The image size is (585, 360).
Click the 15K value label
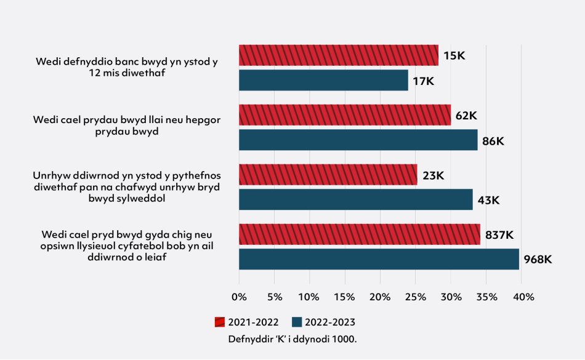454,55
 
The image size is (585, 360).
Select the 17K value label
424,81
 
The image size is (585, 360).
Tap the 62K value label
466,115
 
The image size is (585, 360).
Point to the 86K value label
493,141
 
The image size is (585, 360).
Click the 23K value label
433,175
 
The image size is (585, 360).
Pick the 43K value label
488,200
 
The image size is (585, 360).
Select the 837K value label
499,234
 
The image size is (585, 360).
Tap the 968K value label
538,260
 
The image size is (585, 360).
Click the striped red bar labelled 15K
338,55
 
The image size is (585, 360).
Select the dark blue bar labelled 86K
358,140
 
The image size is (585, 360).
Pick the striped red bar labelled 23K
328,175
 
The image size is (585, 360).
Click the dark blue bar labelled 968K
379,259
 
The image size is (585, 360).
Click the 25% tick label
415,297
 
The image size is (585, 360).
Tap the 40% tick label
522,297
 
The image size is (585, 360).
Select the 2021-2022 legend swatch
220,322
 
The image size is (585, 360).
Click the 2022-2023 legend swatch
297,322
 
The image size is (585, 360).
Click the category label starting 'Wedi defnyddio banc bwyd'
127,67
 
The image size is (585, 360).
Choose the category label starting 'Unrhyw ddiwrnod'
127,187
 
